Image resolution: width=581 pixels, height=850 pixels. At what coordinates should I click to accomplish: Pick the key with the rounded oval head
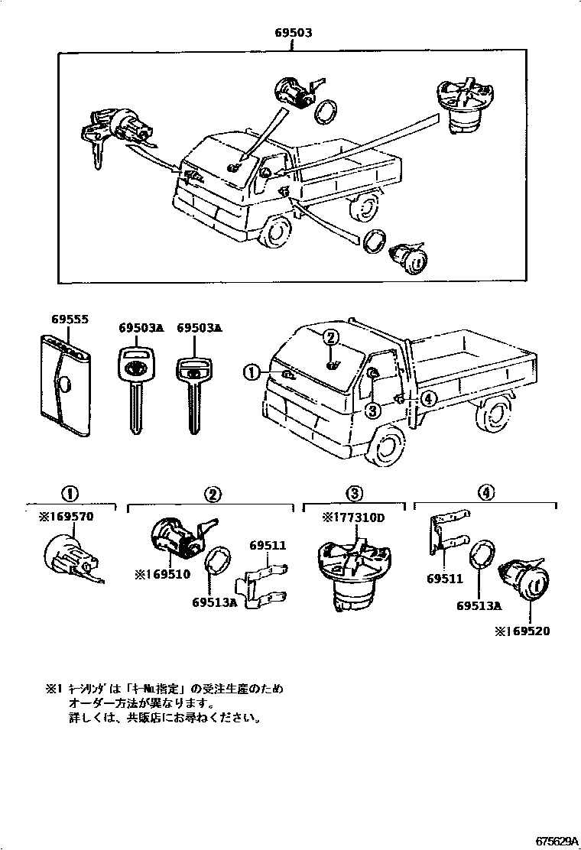(135, 390)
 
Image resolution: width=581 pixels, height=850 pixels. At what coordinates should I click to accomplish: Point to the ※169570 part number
(66, 517)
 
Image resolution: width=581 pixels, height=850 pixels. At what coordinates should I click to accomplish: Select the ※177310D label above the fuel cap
(355, 517)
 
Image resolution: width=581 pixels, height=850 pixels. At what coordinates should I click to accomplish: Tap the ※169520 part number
(522, 631)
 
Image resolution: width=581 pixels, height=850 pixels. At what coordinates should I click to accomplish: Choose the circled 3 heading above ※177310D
(354, 494)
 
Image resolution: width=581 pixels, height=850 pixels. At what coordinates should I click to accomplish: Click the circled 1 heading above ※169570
(70, 494)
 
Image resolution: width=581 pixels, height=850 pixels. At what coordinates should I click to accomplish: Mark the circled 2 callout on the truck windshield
(330, 338)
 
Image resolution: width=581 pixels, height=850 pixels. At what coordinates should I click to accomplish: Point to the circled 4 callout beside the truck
(428, 397)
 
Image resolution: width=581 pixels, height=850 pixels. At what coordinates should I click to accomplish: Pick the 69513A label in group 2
(215, 601)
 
